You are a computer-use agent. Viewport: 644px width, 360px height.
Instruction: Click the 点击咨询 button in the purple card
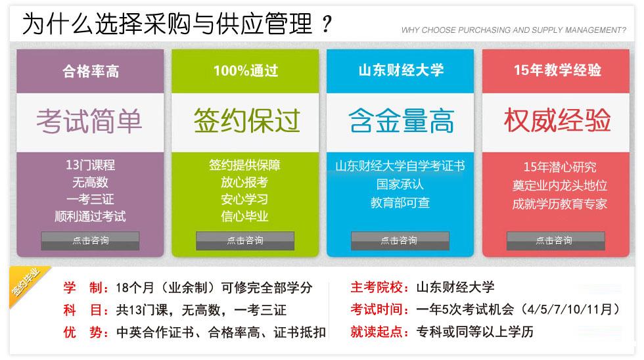coord(90,240)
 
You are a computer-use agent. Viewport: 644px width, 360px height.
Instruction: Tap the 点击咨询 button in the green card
coord(244,240)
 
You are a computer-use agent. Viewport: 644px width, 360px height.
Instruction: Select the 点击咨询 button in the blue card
coord(400,240)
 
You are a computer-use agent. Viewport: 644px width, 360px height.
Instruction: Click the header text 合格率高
coord(91,71)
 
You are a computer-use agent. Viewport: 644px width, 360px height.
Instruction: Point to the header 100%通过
coord(246,70)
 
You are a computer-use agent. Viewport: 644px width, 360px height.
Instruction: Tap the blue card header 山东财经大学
coord(401,70)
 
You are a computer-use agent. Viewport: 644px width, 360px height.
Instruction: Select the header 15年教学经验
coord(557,70)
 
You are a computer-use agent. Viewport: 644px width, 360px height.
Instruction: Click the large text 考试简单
coord(89,122)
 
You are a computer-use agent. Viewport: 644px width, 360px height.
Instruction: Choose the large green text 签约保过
coord(246,121)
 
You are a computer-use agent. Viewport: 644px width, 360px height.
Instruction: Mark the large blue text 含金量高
coord(402,121)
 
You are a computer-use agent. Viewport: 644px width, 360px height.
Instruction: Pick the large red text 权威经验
coord(557,121)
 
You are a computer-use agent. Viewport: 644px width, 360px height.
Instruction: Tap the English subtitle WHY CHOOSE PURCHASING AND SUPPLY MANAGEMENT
coord(513,30)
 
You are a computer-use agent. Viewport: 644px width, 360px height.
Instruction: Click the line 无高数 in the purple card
coord(90,182)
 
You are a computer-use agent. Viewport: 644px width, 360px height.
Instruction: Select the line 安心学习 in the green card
coord(244,199)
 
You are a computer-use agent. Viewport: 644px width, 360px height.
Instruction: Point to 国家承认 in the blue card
coord(400,184)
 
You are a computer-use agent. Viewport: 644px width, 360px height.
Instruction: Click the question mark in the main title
coord(327,24)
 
